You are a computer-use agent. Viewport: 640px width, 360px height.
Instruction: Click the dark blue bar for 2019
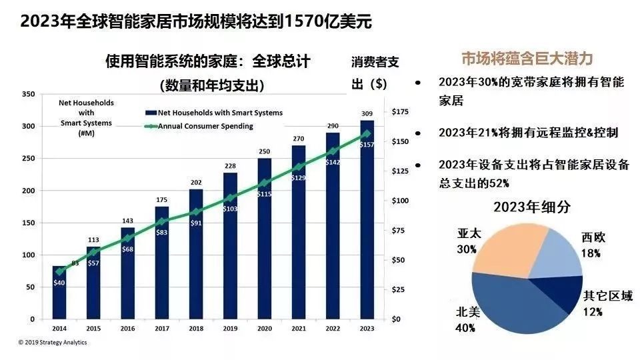[230, 253]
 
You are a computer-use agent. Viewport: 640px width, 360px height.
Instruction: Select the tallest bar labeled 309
[367, 227]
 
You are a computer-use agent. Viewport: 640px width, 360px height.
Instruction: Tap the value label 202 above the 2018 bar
[196, 183]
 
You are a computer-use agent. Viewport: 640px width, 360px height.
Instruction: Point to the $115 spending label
[265, 193]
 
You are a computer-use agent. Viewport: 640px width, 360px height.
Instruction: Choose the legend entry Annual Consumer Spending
[204, 126]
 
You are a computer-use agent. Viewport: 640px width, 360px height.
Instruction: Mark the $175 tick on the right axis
[400, 111]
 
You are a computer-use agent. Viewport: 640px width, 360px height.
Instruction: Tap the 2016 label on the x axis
[127, 329]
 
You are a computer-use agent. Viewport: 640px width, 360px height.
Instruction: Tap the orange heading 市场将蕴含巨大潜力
[527, 58]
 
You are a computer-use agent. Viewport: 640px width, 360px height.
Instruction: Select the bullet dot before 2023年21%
[418, 133]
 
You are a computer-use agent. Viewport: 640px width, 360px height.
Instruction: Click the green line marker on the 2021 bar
[299, 167]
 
